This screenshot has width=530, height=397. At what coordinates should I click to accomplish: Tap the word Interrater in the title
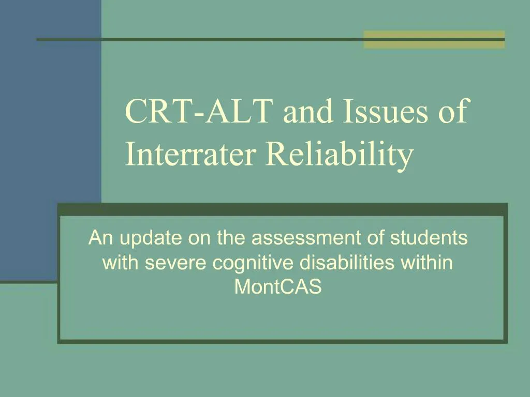(190, 154)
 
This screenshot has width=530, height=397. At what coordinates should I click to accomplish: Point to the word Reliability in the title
(340, 154)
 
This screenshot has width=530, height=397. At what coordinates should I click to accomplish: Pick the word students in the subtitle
(429, 238)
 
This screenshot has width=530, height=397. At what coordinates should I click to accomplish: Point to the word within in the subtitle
(427, 263)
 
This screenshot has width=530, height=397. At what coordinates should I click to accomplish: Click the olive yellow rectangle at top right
(434, 39)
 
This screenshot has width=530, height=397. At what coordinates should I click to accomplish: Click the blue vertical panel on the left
(50, 129)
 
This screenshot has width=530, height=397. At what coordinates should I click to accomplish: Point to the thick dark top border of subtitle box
(282, 209)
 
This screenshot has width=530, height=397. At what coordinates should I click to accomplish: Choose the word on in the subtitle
(199, 238)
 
